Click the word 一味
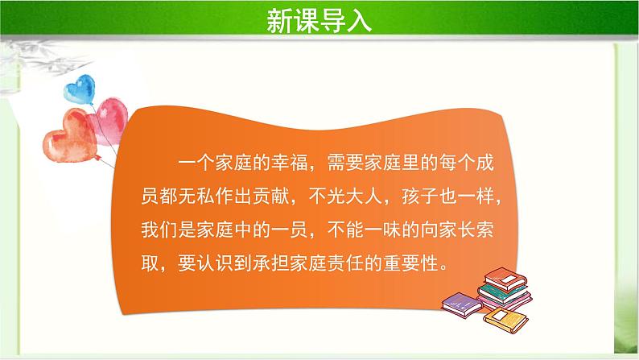click(405, 229)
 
